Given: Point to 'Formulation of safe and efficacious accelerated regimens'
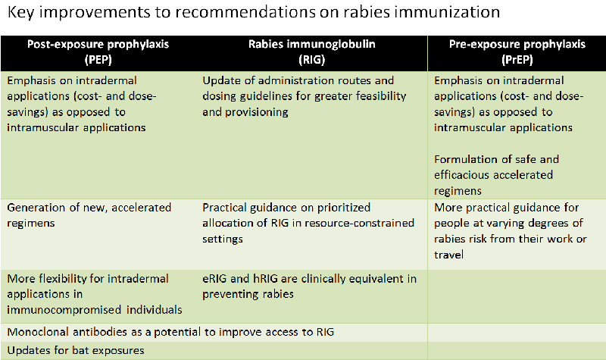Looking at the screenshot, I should [494, 174].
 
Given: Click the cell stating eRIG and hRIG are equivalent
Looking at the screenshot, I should [309, 286].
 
